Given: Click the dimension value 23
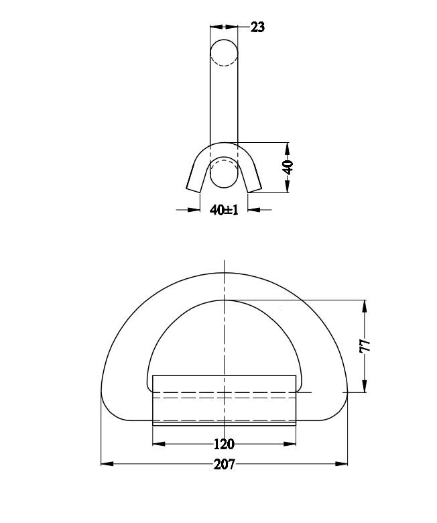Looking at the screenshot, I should tap(257, 27).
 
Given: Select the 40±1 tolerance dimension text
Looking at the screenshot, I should tap(224, 210).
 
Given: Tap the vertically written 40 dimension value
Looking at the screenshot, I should tap(288, 168).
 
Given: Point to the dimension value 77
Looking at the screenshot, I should tap(365, 346).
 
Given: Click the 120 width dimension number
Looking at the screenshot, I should tap(224, 444).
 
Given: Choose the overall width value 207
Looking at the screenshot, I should tap(224, 464).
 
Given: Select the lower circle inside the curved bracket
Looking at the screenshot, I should tap(224, 172).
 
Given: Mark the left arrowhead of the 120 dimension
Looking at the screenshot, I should tap(159, 443).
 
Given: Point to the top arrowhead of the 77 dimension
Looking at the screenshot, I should tap(365, 306).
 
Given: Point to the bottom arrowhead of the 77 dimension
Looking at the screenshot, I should tap(365, 387).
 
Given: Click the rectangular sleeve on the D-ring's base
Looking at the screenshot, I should tap(224, 400).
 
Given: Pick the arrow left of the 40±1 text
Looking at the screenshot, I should tap(195, 210).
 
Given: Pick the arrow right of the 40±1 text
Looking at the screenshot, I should tap(253, 210).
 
